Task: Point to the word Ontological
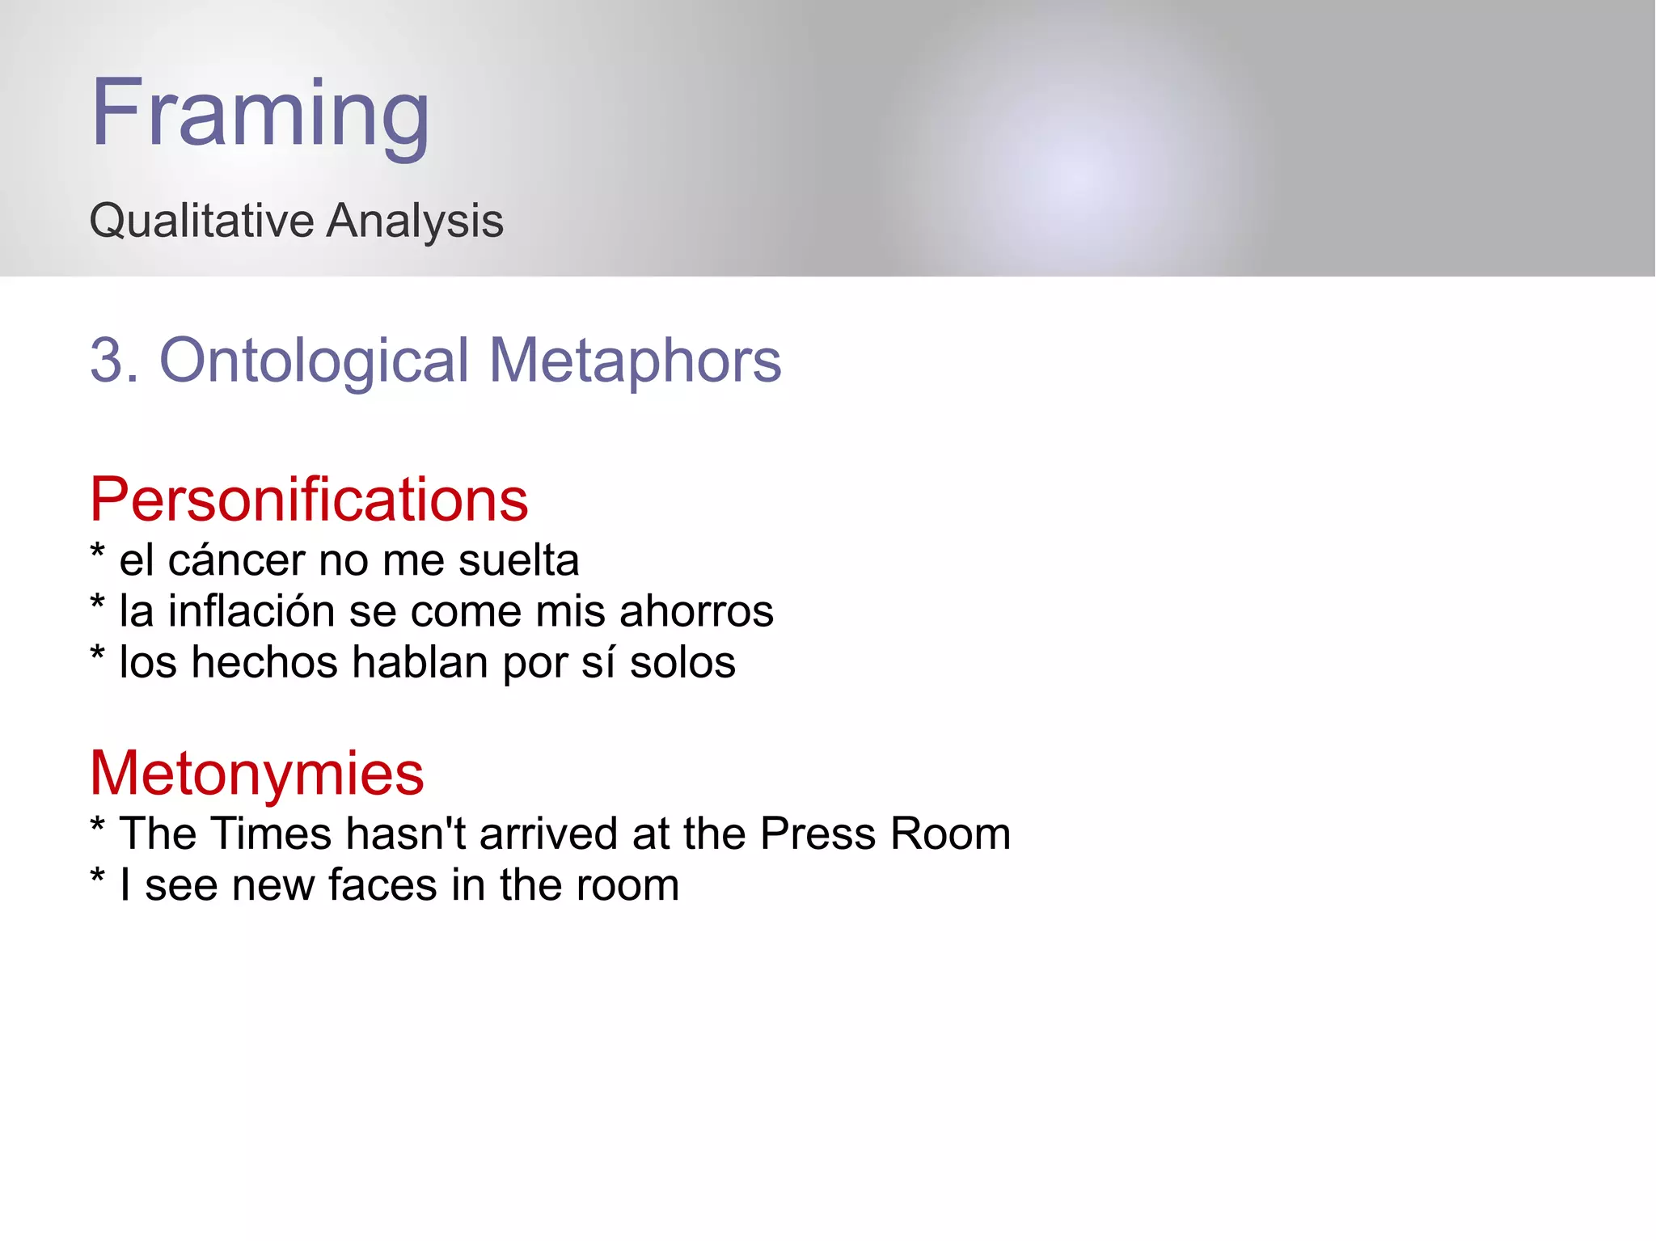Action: (x=314, y=361)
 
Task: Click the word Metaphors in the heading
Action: (x=635, y=361)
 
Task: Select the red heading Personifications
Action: (x=308, y=500)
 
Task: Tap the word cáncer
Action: (x=236, y=560)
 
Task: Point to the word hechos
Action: (x=264, y=662)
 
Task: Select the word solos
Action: (x=682, y=662)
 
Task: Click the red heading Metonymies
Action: (x=256, y=774)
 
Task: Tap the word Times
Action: (x=271, y=834)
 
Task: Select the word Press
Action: (x=817, y=834)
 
